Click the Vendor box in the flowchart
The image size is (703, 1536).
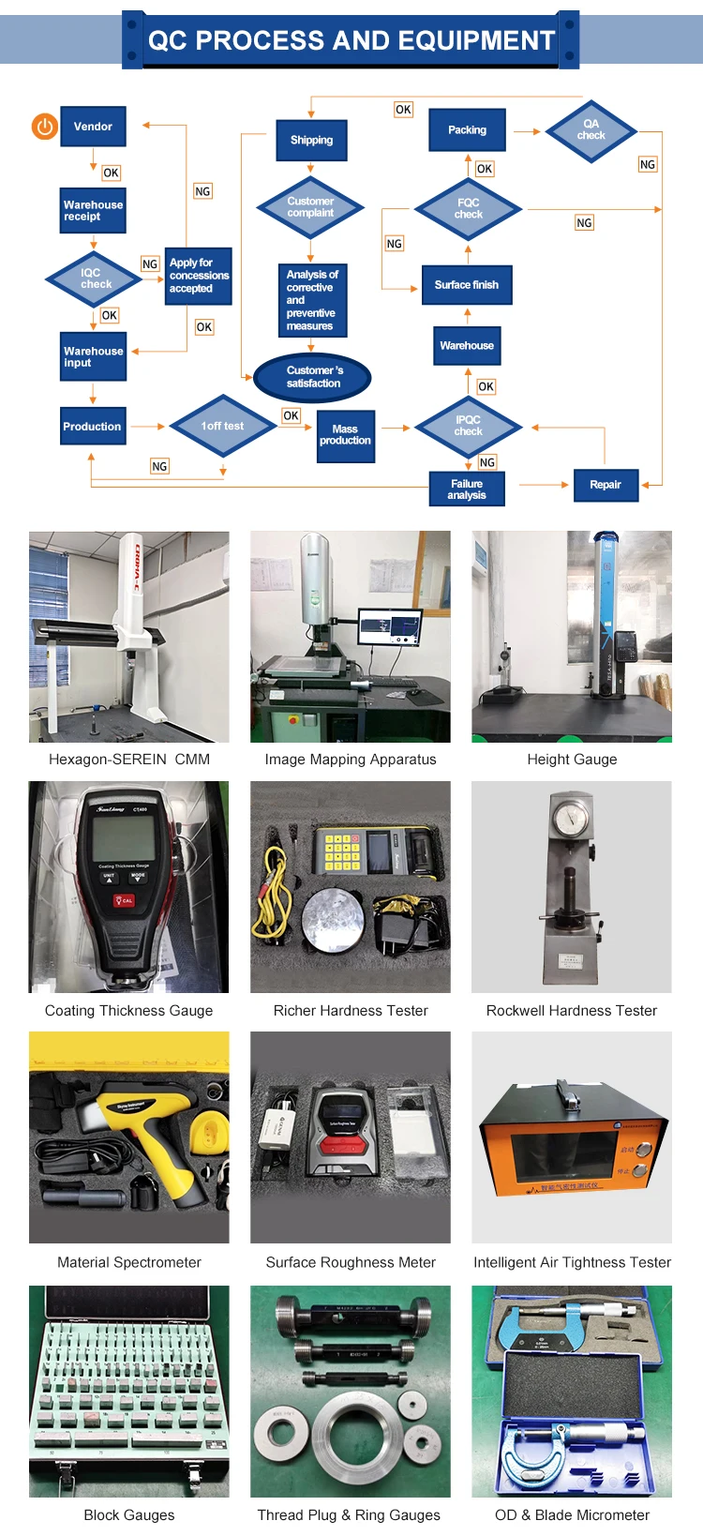[x=93, y=127]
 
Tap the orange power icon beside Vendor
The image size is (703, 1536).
[x=44, y=126]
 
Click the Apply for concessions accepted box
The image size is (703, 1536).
[x=198, y=276]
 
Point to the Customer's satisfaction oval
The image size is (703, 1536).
[x=313, y=377]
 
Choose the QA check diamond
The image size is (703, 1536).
[x=591, y=130]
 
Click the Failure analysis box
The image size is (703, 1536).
[x=466, y=489]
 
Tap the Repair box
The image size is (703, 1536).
[x=605, y=485]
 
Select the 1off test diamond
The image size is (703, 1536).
[x=222, y=426]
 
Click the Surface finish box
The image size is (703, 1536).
[x=467, y=285]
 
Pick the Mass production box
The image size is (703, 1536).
[x=345, y=435]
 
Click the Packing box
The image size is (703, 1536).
[x=467, y=130]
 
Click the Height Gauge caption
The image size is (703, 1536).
[x=572, y=760]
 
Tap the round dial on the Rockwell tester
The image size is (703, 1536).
[x=570, y=818]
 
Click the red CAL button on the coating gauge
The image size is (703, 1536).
[x=124, y=900]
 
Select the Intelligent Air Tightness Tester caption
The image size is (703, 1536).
[x=572, y=1262]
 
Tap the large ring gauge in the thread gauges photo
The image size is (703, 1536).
[x=349, y=1433]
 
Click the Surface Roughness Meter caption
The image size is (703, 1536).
[x=351, y=1262]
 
